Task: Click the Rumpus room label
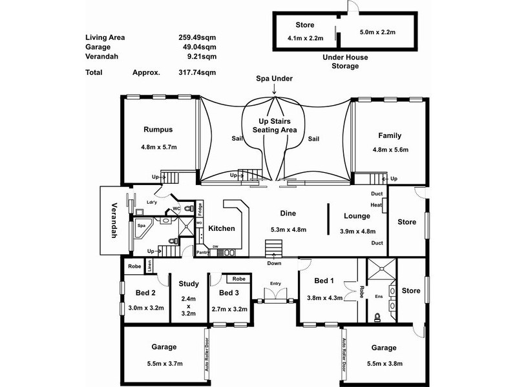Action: tap(158, 130)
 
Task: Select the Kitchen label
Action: tap(221, 228)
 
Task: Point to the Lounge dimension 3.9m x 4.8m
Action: tap(357, 231)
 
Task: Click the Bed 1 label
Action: tap(324, 281)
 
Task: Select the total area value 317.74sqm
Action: tap(197, 73)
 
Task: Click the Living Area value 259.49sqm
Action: tap(197, 37)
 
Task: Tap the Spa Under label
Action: tap(274, 79)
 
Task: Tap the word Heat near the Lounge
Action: tap(376, 205)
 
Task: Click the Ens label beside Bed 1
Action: tap(380, 297)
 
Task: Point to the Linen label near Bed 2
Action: tap(149, 266)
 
